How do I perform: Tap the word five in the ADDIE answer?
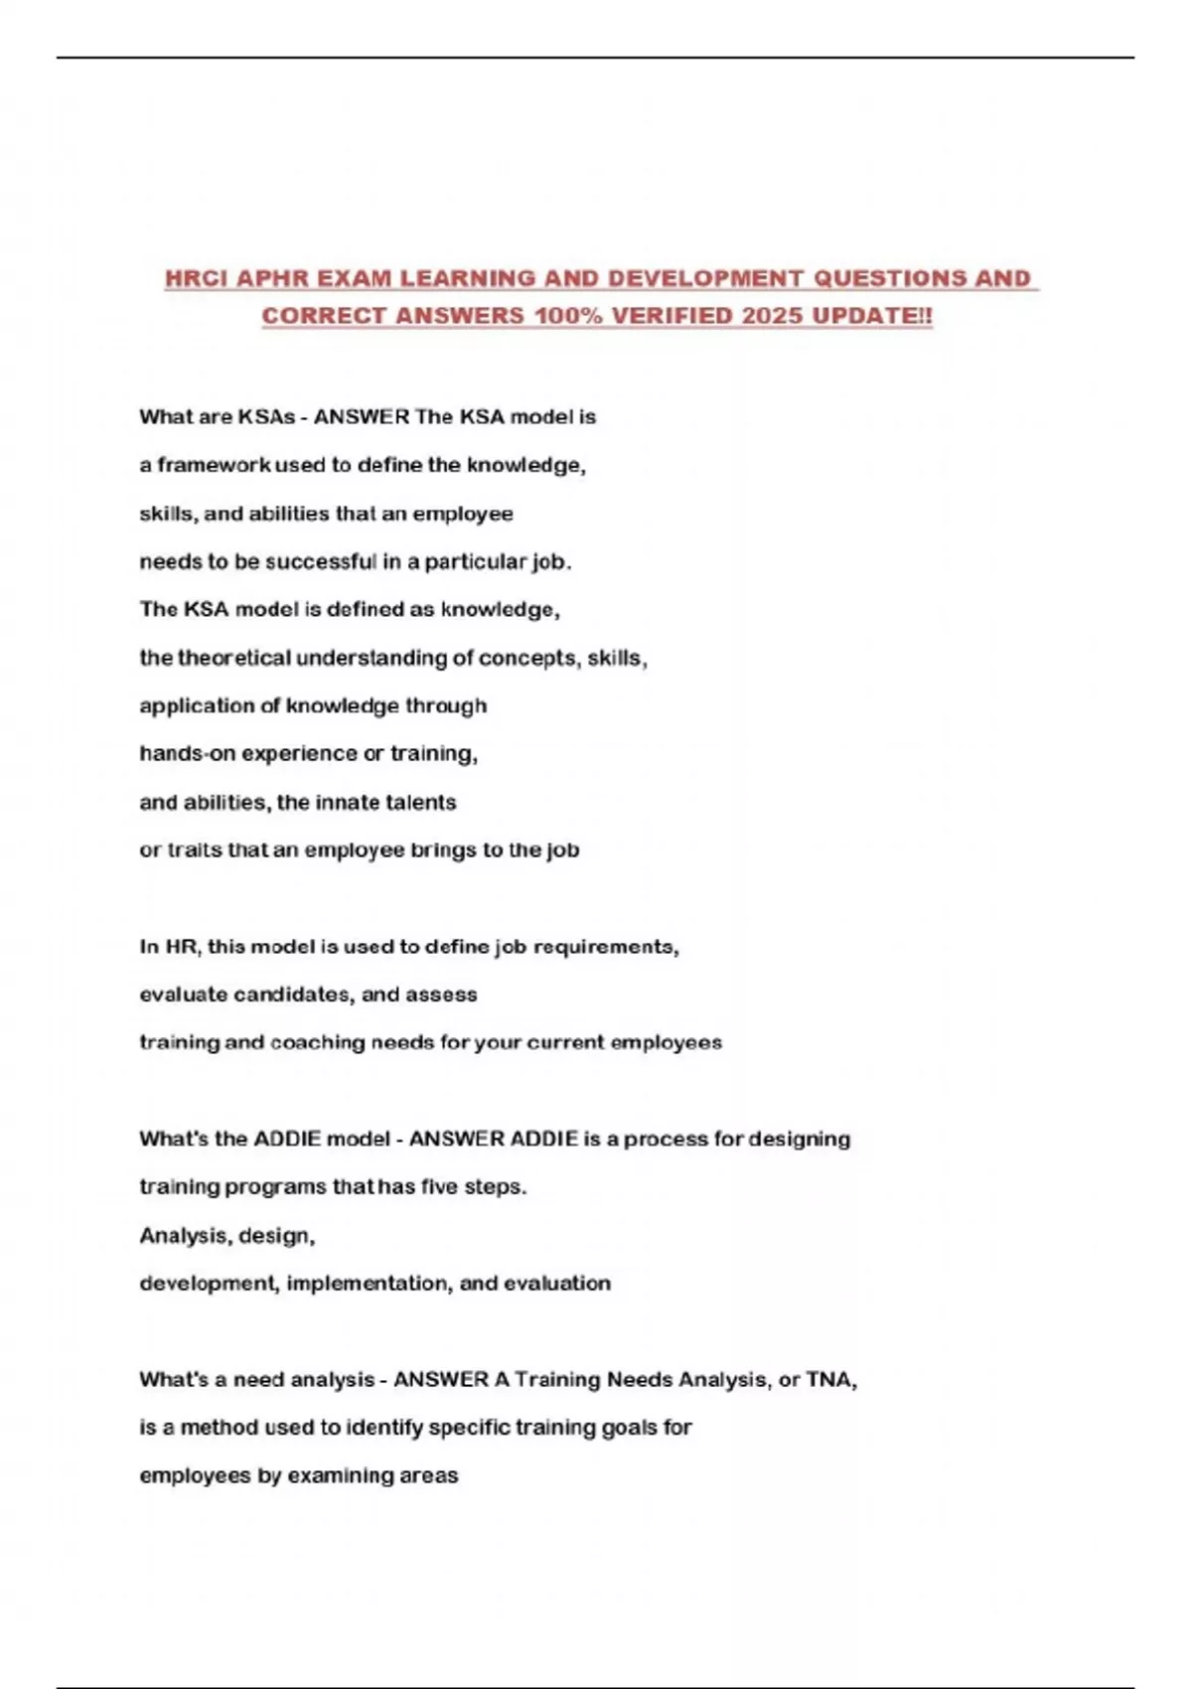tap(439, 1186)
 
